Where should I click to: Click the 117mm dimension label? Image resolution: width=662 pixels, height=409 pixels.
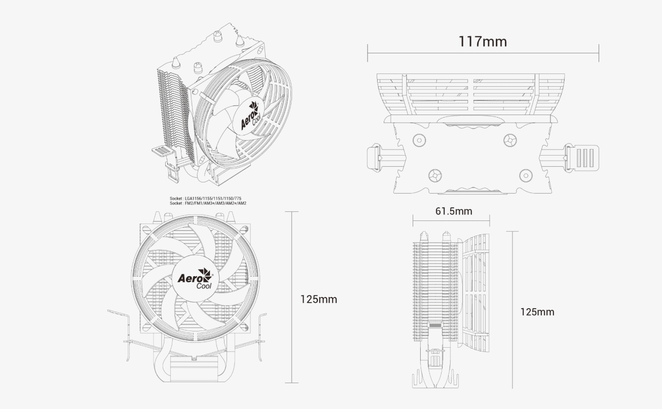483,41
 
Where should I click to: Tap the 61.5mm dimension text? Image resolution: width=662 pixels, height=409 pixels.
453,211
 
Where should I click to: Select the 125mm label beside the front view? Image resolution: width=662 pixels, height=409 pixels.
318,299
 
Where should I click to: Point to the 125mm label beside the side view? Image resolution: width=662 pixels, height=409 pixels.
537,312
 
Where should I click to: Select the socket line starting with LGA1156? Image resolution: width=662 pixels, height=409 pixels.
206,199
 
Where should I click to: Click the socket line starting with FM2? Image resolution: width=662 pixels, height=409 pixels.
208,203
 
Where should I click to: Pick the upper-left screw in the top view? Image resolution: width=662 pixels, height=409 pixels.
419,139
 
